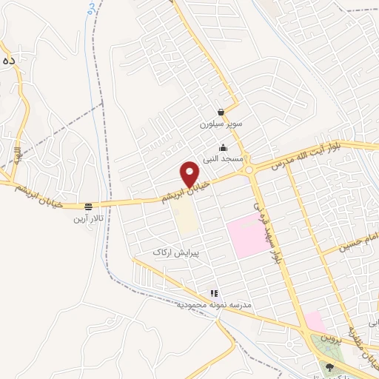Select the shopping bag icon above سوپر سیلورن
coord(221,113)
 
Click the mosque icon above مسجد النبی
coord(224,147)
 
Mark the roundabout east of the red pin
coord(250,170)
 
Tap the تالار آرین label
coord(88,218)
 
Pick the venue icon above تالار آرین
coord(88,207)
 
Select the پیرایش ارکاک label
coord(176,252)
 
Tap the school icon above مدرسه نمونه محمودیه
coord(214,294)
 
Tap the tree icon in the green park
coord(330,366)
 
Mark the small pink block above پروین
coord(314,322)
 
